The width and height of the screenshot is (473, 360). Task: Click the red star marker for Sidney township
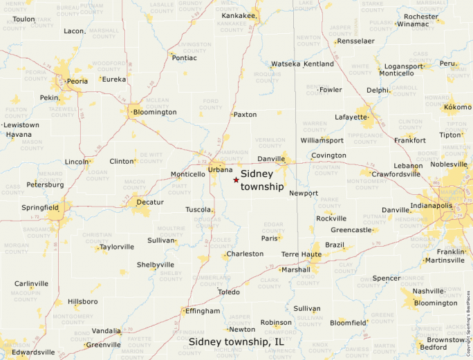pyautogui.click(x=236, y=180)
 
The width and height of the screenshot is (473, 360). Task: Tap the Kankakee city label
pyautogui.click(x=239, y=15)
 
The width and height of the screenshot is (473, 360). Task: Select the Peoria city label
pyautogui.click(x=77, y=81)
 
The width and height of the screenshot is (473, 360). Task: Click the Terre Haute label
pyautogui.click(x=301, y=254)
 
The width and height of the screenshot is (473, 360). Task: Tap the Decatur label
pyautogui.click(x=150, y=202)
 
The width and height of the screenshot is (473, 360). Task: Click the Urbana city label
pyautogui.click(x=221, y=169)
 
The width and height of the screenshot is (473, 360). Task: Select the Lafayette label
pyautogui.click(x=351, y=117)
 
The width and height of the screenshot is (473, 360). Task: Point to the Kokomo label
pyautogui.click(x=458, y=107)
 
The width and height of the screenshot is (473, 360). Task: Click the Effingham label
pyautogui.click(x=203, y=311)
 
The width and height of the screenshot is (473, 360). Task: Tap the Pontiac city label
pyautogui.click(x=185, y=57)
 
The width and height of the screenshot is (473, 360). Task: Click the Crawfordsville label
pyautogui.click(x=396, y=174)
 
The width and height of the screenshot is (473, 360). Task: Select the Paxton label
pyautogui.click(x=245, y=115)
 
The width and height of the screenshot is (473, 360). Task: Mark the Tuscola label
pyautogui.click(x=198, y=209)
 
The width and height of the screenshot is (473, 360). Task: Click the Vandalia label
pyautogui.click(x=106, y=331)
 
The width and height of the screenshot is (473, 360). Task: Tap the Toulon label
pyautogui.click(x=24, y=19)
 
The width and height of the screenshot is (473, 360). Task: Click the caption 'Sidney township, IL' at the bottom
pyautogui.click(x=236, y=342)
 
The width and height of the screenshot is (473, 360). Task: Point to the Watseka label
pyautogui.click(x=286, y=64)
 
